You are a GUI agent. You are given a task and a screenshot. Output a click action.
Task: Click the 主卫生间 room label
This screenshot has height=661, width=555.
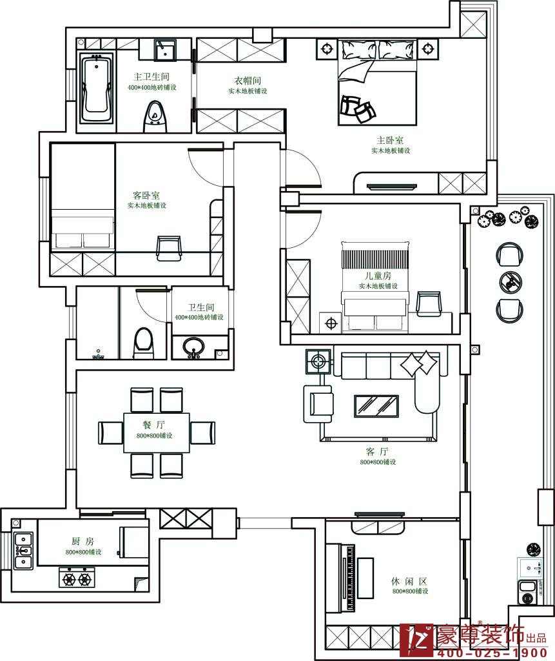coord(151,76)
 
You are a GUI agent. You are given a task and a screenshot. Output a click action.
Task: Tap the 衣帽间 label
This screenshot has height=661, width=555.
coord(248,80)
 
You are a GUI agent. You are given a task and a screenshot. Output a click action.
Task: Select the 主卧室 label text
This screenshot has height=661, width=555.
coord(390,140)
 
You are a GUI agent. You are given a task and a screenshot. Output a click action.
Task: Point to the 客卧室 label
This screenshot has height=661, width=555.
coord(146,195)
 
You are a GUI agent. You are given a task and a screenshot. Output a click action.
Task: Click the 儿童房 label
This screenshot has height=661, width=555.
coord(378,276)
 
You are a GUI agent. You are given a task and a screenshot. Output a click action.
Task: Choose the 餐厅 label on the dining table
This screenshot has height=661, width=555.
coord(153,425)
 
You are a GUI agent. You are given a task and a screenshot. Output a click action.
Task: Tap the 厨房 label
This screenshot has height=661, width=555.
coord(83,541)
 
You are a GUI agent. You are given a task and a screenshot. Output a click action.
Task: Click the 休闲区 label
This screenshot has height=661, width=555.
coord(409,582)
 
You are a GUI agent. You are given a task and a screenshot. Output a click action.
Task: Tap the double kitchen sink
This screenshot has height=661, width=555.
coord(23,550)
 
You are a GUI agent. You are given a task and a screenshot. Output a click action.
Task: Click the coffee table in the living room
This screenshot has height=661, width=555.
coord(376,406)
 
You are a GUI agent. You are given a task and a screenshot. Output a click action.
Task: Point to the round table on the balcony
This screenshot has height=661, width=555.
coord(511,282)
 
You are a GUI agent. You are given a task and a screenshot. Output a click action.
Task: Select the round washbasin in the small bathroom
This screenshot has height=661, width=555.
coord(194,347)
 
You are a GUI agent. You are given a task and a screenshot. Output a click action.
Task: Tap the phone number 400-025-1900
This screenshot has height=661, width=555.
coord(492,653)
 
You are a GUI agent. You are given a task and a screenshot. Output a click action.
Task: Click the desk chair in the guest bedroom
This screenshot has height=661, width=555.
coord(168,247)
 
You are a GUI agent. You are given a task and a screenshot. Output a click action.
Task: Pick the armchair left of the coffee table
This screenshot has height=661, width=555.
coord(318,404)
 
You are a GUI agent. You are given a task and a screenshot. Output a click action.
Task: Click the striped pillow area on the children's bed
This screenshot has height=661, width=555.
coord(375,259)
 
